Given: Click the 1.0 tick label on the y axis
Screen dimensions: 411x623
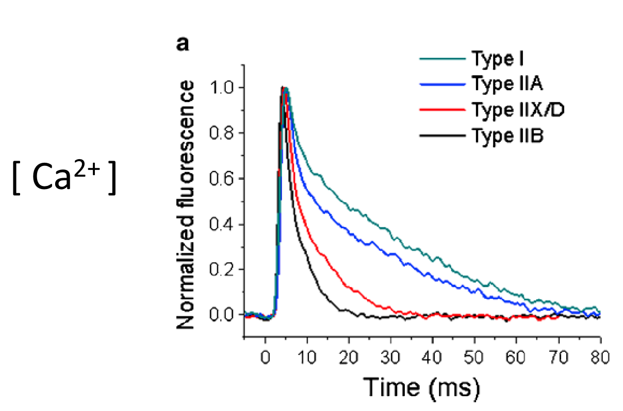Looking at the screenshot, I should pos(222,88).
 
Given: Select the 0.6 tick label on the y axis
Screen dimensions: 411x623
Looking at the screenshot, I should pos(222,179).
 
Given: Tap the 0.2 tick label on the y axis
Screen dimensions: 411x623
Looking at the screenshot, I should pos(222,269).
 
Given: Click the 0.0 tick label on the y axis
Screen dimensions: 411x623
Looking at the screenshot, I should pos(222,314).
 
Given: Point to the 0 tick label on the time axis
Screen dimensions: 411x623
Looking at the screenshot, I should pos(265,357).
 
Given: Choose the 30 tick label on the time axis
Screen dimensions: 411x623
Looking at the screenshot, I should pos(391,357).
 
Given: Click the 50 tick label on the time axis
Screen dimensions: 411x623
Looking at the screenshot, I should pos(475,357).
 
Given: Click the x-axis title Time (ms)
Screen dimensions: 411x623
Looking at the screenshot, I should pos(422,386).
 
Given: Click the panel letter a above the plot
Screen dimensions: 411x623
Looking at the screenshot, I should pos(182,44).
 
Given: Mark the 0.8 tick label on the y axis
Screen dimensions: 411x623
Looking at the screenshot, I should pos(222,133).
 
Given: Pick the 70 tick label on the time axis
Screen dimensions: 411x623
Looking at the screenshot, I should pos(559,357).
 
